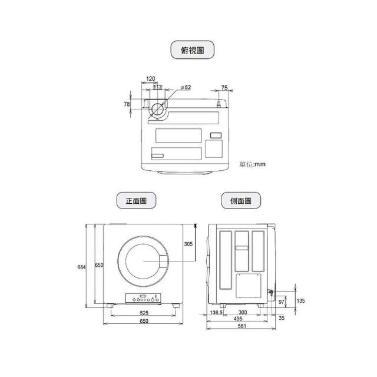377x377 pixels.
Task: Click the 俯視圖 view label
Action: tap(193, 49)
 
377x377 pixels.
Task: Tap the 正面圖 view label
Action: tap(136, 200)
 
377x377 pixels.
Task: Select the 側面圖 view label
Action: tap(241, 200)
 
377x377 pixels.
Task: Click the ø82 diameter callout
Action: tap(186, 87)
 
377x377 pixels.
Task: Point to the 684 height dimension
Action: tap(81, 267)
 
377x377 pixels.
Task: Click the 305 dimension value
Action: tap(188, 244)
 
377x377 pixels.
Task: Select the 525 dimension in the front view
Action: tap(144, 313)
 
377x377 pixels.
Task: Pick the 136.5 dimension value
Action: tap(216, 312)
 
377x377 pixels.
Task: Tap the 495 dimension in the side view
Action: tap(238, 319)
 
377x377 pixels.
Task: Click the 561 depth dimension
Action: tap(242, 326)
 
